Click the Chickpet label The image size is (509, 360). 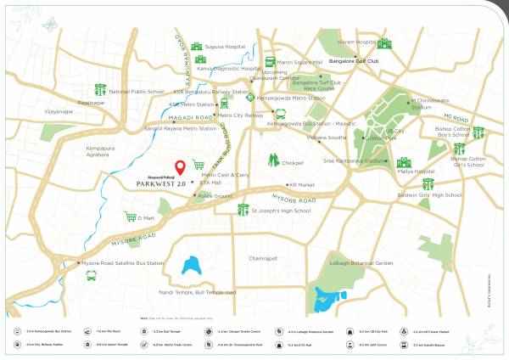(x=292, y=162)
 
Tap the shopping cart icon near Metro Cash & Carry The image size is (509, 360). (x=199, y=165)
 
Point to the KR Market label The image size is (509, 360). (x=302, y=184)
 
